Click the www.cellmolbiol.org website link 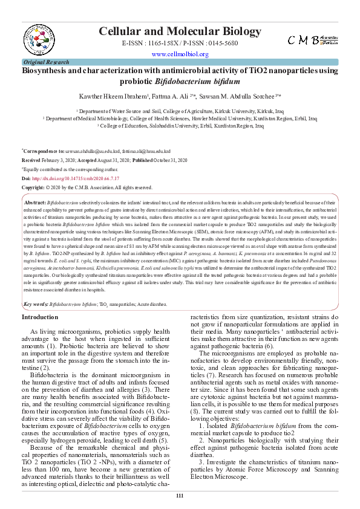(x=180, y=54)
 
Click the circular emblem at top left (x=41, y=36)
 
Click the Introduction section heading (x=40, y=317)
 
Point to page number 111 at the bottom (x=180, y=496)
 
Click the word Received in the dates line (x=31, y=160)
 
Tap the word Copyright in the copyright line (x=33, y=188)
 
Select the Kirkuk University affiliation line (x=180, y=112)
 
